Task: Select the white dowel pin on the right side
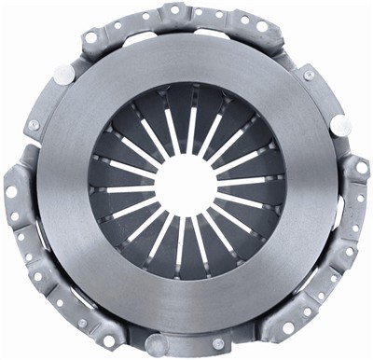point(342,125)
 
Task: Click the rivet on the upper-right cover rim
point(309,74)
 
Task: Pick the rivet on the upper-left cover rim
point(34,125)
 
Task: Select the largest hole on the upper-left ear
point(90,38)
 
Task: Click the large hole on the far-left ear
point(12,192)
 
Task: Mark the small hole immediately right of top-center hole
point(197,12)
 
